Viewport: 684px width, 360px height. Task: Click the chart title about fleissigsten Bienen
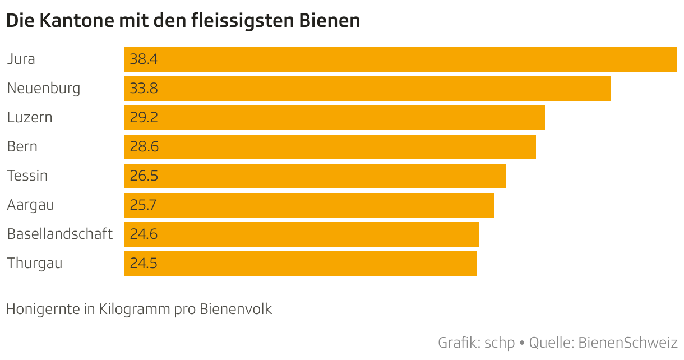coord(183,21)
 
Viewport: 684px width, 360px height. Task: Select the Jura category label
coord(21,59)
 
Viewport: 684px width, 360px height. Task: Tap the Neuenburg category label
coord(44,88)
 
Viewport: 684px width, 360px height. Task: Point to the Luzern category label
coord(30,117)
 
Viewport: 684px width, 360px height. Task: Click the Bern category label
coord(22,146)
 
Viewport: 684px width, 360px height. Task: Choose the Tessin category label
coord(27,176)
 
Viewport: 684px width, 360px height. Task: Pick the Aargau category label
coord(31,205)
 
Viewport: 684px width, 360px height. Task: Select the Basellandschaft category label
coord(60,234)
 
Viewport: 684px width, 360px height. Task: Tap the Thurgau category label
coord(35,263)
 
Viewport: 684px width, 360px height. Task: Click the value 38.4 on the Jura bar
coord(144,59)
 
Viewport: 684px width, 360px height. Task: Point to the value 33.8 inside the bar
coord(144,88)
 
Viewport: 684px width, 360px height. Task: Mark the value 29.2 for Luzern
coord(144,117)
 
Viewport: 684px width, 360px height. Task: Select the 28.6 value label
coord(144,146)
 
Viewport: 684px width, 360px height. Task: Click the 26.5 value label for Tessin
coord(144,176)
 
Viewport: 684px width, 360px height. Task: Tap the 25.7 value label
coord(143,205)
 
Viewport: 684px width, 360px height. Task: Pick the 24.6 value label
coord(144,234)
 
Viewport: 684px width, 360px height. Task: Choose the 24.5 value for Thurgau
coord(144,263)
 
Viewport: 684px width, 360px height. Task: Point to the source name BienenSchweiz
coord(628,342)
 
